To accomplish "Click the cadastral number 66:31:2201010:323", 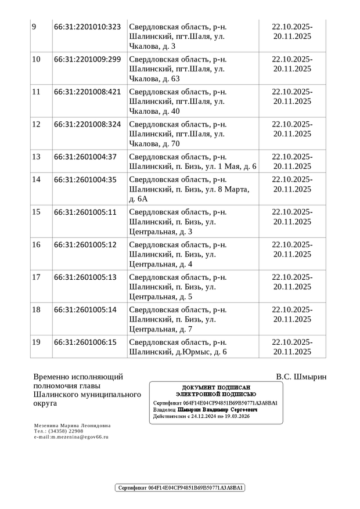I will [87, 27].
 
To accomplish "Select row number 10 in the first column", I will [36, 59].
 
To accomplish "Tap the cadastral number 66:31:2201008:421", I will [87, 92].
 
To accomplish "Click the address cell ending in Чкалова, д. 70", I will [177, 134].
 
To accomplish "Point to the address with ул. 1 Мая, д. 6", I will [192, 161].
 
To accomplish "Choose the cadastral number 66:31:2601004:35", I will [85, 179].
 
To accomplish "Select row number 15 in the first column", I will [36, 212].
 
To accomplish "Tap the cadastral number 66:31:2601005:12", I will [85, 244].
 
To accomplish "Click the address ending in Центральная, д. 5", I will [177, 287].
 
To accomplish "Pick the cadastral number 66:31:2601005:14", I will [85, 309].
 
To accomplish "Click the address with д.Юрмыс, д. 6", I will [178, 346].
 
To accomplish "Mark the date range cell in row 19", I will [292, 346].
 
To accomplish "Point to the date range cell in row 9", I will [292, 31].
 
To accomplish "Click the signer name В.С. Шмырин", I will [301, 377].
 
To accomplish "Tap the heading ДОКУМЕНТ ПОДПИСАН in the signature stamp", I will [215, 388].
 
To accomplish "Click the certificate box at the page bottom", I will [180, 488].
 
